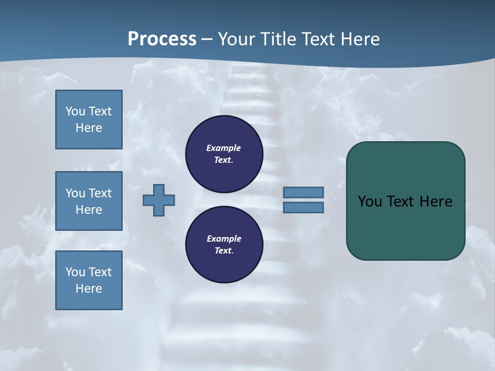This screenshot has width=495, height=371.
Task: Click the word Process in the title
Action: [162, 39]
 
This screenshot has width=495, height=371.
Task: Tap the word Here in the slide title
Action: [360, 39]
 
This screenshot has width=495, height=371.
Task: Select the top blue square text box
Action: [89, 120]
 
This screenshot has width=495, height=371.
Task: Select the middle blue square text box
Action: [89, 201]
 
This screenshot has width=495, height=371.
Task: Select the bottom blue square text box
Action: [89, 280]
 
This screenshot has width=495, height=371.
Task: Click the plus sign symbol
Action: [159, 200]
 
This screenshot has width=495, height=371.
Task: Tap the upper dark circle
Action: [224, 154]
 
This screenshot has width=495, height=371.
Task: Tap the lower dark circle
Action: [224, 245]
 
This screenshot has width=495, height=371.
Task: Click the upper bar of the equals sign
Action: [304, 192]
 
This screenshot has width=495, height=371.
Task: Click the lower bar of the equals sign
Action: [304, 207]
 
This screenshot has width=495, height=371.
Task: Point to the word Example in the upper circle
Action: [224, 148]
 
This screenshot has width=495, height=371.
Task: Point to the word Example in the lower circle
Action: [224, 239]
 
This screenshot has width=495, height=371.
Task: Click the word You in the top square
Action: [75, 111]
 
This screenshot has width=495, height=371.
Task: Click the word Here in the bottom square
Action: [89, 289]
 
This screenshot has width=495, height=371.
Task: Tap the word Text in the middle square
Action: [100, 193]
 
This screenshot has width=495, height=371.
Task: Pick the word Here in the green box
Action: [436, 201]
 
